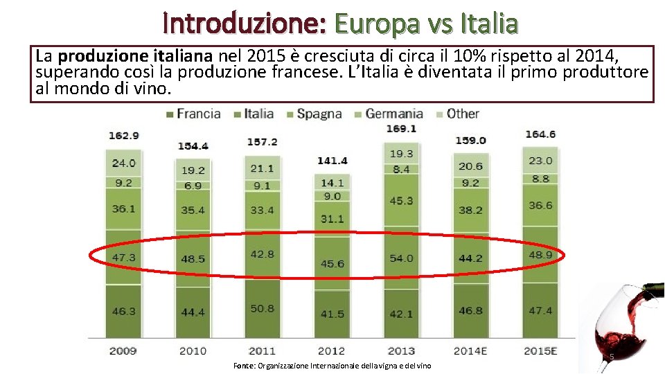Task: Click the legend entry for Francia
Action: (x=193, y=114)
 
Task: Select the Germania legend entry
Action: (x=389, y=114)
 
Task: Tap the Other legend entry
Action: (x=458, y=114)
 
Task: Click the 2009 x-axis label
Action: (x=123, y=351)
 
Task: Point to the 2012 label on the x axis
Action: (x=331, y=351)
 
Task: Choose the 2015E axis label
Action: (x=540, y=351)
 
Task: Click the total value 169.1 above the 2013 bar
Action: (x=401, y=128)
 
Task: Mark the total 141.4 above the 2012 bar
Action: (x=332, y=161)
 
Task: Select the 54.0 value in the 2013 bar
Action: (x=401, y=258)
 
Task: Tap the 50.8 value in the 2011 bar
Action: (x=262, y=308)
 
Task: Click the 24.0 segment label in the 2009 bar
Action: (x=123, y=163)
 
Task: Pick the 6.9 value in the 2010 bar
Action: (x=193, y=186)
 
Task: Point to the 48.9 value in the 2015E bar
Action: (x=540, y=255)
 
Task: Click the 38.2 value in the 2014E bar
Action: (x=471, y=211)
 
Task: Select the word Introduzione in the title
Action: (x=245, y=23)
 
